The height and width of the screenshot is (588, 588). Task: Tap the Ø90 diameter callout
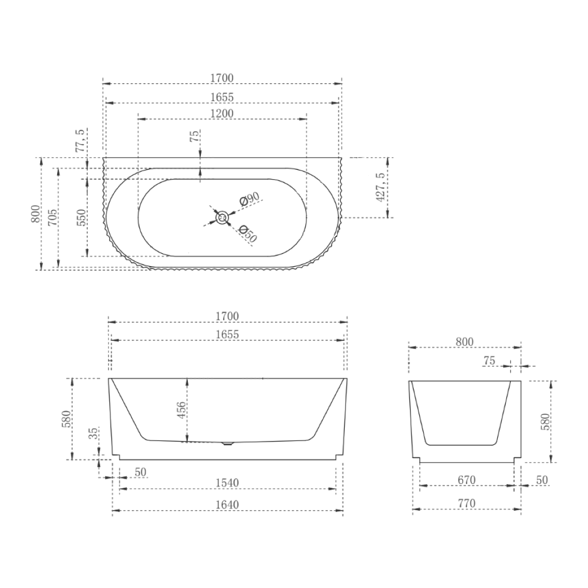click(x=249, y=199)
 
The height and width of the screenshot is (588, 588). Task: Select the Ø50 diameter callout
click(x=248, y=234)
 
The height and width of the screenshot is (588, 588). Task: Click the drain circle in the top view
click(x=222, y=218)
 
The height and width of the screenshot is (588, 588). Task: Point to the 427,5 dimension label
click(x=381, y=187)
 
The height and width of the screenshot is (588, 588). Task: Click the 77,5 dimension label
click(x=81, y=140)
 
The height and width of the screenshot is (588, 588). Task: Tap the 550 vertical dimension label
click(x=82, y=218)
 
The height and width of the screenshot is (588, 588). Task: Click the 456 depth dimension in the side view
click(x=182, y=409)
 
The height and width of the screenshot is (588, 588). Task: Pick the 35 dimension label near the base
click(x=94, y=433)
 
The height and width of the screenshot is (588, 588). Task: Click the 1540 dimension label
click(x=227, y=483)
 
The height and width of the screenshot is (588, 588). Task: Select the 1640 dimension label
click(x=227, y=505)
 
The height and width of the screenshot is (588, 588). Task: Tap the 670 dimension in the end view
click(x=467, y=480)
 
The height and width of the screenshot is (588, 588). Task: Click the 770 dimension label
click(x=467, y=504)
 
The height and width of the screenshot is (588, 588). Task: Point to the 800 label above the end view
click(x=464, y=342)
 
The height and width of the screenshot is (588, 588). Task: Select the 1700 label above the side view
click(x=227, y=316)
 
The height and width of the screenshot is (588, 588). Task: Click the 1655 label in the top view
click(x=222, y=97)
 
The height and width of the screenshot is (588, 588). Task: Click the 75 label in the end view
click(x=489, y=360)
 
